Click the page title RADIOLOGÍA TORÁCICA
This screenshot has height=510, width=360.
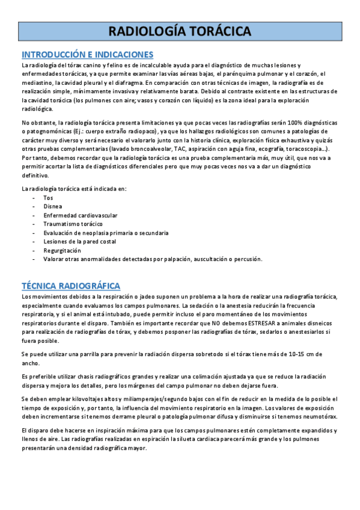180,31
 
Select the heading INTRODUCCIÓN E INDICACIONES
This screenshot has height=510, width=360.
88,54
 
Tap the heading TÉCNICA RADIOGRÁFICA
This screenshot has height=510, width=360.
71,286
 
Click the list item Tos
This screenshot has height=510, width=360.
48,197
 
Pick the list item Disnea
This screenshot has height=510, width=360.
52,206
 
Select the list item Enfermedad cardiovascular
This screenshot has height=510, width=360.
80,215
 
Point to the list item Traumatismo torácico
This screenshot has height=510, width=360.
73,224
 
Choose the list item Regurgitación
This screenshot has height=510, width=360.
62,250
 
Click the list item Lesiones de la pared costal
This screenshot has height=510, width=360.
80,241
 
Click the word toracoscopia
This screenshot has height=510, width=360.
305,149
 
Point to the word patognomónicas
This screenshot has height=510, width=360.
44,131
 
